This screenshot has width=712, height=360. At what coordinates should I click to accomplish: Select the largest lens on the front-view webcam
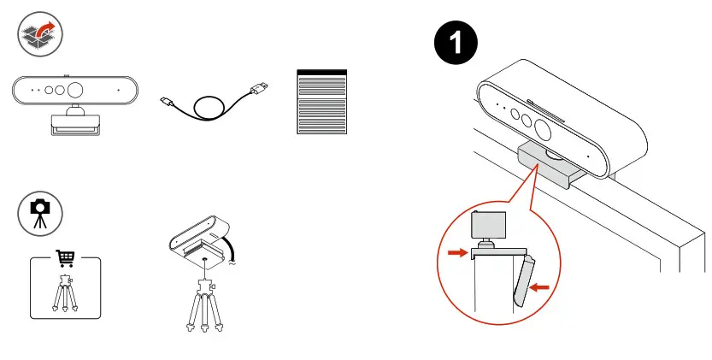click(x=75, y=90)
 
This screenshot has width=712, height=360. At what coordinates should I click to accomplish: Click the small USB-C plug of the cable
click(x=168, y=103)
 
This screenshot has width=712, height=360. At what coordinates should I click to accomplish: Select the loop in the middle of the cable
click(x=210, y=109)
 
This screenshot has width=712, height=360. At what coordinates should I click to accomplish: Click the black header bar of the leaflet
click(x=321, y=73)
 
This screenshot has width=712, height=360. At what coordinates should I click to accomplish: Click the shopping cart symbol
click(x=65, y=258)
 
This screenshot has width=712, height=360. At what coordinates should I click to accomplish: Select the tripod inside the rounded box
click(x=65, y=295)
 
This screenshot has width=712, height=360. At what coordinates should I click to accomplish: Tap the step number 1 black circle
click(x=456, y=44)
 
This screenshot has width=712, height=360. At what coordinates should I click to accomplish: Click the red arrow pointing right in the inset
click(x=456, y=252)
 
